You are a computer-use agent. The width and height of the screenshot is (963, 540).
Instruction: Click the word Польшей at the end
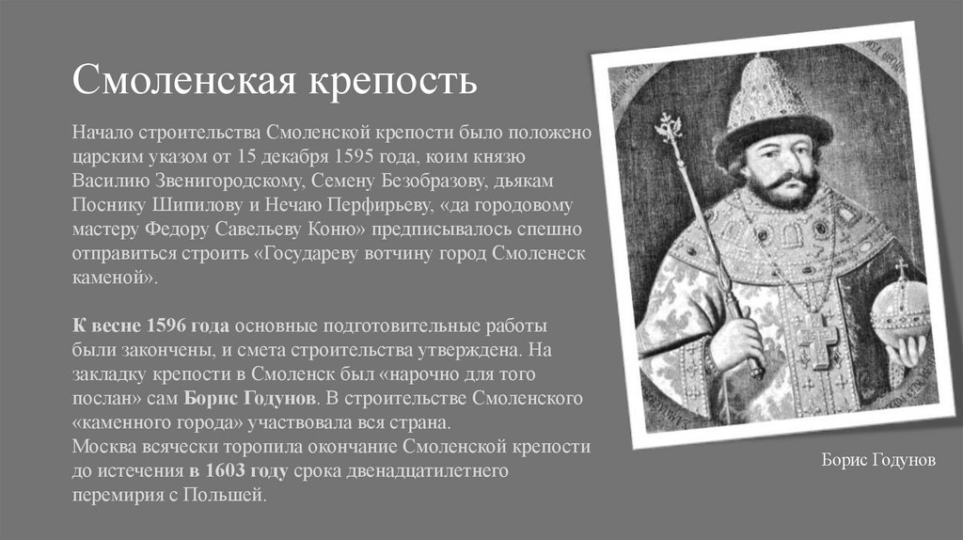coord(228,494)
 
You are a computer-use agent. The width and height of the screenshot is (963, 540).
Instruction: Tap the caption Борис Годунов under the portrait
coord(878,462)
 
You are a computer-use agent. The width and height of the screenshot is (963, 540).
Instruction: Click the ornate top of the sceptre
coord(669,127)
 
